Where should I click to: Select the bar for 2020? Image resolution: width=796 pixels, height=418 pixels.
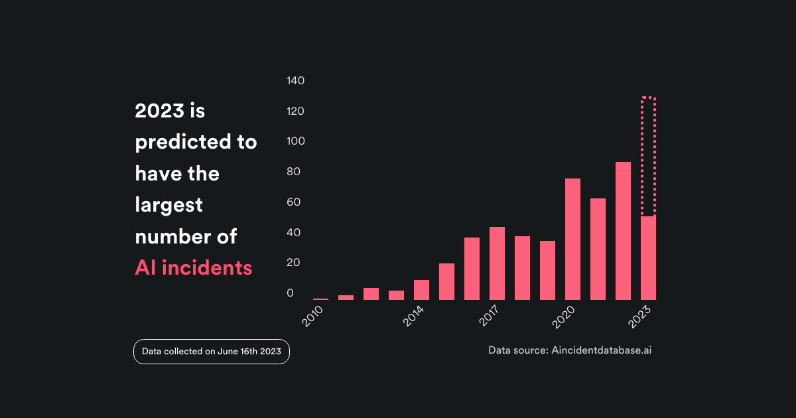pos(572,239)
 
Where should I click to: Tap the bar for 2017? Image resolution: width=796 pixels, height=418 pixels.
pos(497,263)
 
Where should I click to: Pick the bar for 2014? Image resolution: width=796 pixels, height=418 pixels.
pos(421,290)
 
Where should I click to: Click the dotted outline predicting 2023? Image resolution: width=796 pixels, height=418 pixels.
pos(648,156)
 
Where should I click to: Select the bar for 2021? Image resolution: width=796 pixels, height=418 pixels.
pos(598,249)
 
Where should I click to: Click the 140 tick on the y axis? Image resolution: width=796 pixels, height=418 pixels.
pos(295,81)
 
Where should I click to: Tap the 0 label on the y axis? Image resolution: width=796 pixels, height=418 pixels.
pos(290,293)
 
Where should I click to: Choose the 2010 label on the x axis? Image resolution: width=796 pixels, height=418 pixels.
pos(312,316)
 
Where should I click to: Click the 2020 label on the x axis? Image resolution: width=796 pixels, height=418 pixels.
pos(564,316)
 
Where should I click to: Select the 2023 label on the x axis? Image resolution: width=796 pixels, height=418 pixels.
pos(640,316)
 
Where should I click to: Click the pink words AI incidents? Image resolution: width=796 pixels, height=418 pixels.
pos(194,267)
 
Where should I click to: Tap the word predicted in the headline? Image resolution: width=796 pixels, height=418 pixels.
pos(186,142)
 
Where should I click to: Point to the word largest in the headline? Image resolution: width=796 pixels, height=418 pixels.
pos(168,204)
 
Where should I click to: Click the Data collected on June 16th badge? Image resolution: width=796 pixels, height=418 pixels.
pos(212,352)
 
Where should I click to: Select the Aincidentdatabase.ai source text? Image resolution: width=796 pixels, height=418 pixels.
pos(601,350)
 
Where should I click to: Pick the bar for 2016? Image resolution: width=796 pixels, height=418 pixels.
pos(472,269)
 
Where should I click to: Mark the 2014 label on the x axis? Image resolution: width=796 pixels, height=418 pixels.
pos(413,316)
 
